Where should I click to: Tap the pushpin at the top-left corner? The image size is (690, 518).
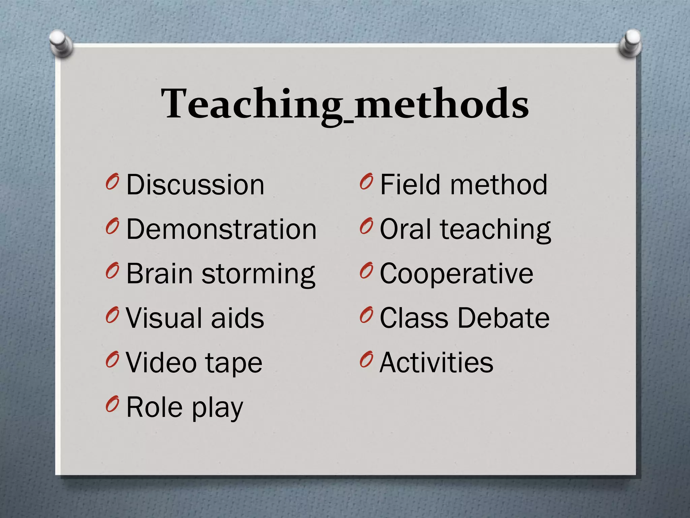61,44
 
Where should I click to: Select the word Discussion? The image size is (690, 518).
195,185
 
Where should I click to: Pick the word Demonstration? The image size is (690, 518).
221,229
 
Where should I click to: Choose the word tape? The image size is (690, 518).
233,363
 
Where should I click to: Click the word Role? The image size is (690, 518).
154,407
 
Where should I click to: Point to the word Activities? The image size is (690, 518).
436,363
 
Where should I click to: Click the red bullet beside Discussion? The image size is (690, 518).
112,182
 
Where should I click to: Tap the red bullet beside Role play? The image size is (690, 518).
112,404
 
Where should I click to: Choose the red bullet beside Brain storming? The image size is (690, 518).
112,271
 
